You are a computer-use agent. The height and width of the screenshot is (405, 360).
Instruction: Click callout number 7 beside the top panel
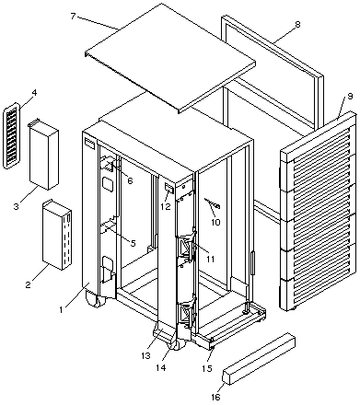click(x=73, y=16)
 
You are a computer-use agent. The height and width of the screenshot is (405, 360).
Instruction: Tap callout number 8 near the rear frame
click(x=297, y=24)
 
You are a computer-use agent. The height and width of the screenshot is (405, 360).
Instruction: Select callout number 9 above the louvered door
click(x=350, y=97)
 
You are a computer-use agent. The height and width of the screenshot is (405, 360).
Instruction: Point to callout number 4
click(x=34, y=92)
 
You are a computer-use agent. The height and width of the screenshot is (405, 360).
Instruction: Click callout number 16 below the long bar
click(x=215, y=397)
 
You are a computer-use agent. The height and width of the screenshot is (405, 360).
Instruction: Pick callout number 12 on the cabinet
click(x=166, y=206)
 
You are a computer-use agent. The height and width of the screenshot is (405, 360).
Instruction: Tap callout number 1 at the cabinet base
click(x=62, y=309)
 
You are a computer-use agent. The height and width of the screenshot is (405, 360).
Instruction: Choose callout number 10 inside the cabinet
click(x=215, y=222)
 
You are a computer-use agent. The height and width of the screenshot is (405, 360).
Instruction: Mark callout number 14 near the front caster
click(x=161, y=367)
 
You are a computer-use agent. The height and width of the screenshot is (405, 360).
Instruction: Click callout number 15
click(x=208, y=368)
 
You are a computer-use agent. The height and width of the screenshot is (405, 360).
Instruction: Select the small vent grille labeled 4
click(x=11, y=135)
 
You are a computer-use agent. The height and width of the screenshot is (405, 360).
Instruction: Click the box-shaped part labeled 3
click(x=43, y=155)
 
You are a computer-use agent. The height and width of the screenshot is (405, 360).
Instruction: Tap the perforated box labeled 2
click(x=57, y=235)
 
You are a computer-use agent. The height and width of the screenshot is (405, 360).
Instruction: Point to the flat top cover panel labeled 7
click(x=170, y=58)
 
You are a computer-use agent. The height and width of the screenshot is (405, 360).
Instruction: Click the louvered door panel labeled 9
click(x=319, y=212)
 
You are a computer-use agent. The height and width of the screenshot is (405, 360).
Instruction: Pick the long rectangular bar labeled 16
click(x=259, y=358)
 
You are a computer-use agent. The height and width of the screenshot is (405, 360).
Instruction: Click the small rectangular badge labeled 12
click(x=169, y=188)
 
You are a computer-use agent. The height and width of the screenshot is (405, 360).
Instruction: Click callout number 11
click(x=210, y=259)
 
